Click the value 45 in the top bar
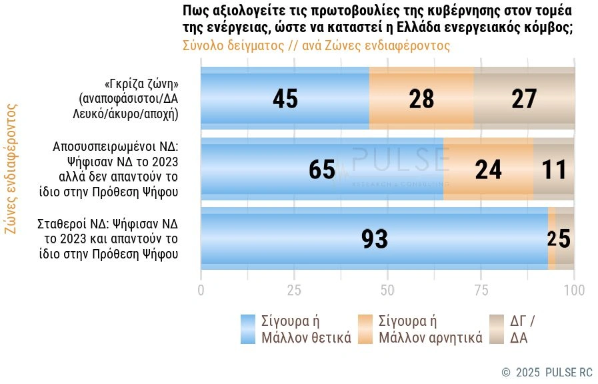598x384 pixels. pyautogui.click(x=285, y=99)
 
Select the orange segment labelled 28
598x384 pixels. pyautogui.click(x=421, y=99)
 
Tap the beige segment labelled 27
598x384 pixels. pyautogui.click(x=524, y=99)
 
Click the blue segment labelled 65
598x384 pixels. pyautogui.click(x=322, y=170)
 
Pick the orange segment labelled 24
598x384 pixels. pyautogui.click(x=488, y=170)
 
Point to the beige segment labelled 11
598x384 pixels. pyautogui.click(x=554, y=170)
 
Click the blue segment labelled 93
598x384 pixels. pyautogui.click(x=374, y=239)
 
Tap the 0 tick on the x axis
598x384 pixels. pyautogui.click(x=201, y=290)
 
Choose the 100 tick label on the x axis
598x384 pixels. pyautogui.click(x=574, y=290)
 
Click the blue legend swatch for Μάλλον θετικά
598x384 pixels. pyautogui.click(x=247, y=329)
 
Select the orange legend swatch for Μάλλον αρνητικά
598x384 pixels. pyautogui.click(x=365, y=329)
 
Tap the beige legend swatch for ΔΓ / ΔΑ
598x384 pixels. pyautogui.click(x=497, y=329)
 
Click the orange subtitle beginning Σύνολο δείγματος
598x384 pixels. pyautogui.click(x=315, y=46)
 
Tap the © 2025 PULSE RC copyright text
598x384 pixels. pyautogui.click(x=547, y=372)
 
